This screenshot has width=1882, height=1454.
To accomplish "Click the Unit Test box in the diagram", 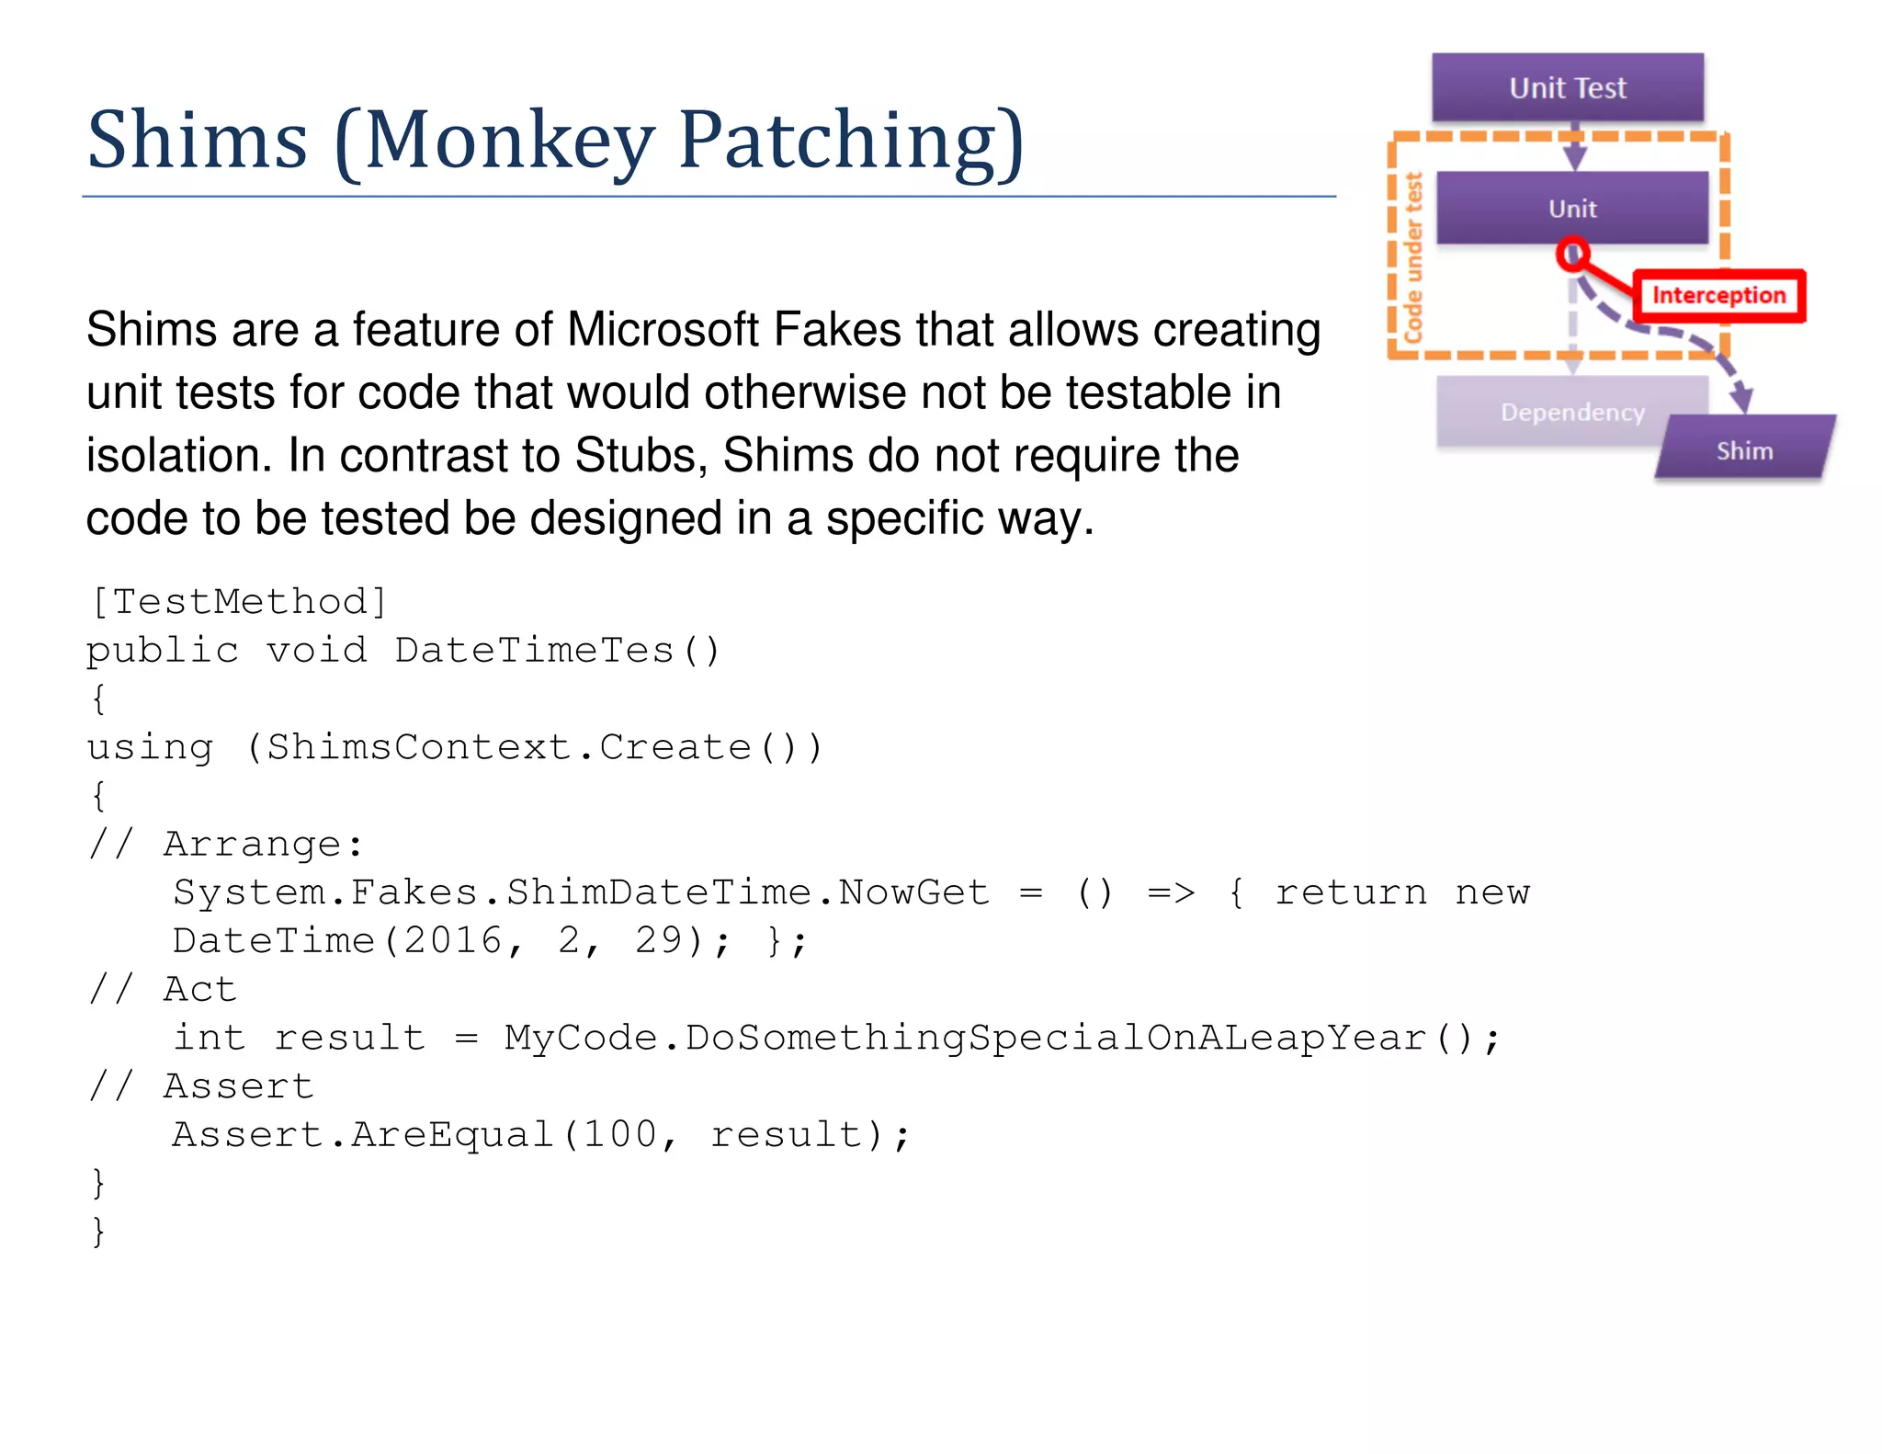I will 1567,87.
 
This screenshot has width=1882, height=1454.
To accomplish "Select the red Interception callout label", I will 1718,295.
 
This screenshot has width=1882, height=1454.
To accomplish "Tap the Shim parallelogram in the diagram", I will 1744,449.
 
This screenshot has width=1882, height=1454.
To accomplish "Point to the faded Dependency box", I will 1571,413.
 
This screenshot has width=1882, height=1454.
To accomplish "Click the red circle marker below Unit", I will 1572,254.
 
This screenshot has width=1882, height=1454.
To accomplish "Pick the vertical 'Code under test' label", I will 1413,257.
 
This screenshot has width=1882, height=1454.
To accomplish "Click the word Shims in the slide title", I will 197,141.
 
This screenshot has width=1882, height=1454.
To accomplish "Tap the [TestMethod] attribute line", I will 239,602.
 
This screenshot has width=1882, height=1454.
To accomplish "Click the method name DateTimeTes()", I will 558,651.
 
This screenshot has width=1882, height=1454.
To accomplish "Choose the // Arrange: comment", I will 226,844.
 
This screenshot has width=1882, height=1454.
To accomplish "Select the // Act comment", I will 164,989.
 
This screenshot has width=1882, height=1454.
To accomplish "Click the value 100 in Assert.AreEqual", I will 620,1134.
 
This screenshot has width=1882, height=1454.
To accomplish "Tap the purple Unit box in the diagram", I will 1571,209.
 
